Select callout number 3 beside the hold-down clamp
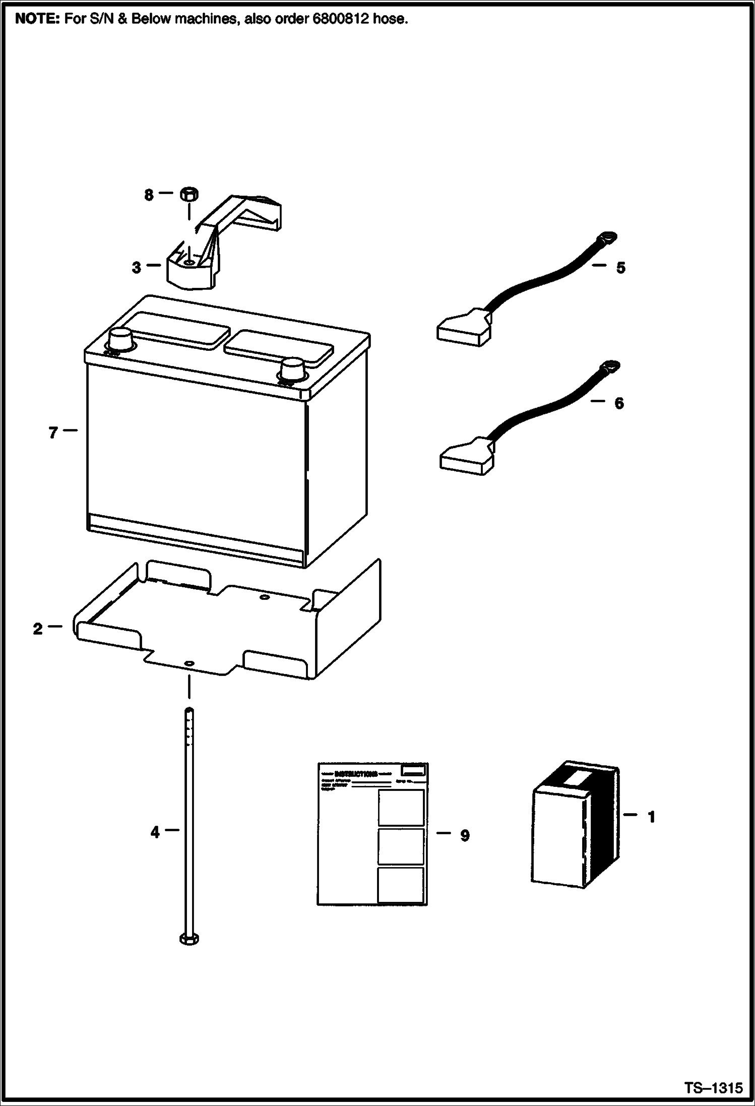[137, 268]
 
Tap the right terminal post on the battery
[292, 370]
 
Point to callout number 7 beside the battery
[53, 433]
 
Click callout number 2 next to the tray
[38, 629]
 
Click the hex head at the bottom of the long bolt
[189, 938]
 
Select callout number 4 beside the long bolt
[155, 832]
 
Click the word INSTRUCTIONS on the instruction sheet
[356, 774]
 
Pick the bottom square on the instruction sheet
[400, 885]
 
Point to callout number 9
[465, 835]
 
